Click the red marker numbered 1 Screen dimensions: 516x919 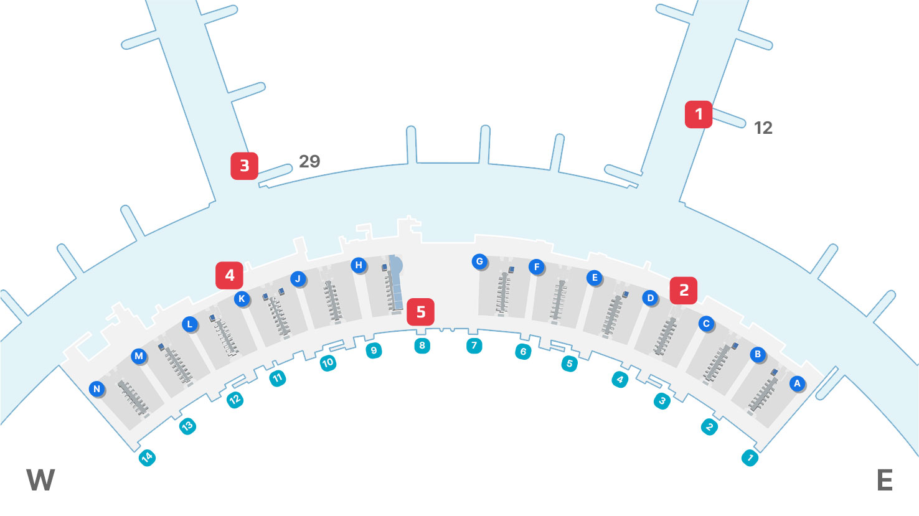coord(699,115)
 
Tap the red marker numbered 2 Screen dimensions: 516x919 coord(684,290)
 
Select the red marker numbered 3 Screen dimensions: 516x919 coord(244,166)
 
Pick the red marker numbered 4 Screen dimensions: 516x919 coord(229,275)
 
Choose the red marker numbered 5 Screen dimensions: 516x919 coord(420,312)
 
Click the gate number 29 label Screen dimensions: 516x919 coord(309,162)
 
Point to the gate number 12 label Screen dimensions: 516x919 coord(763,128)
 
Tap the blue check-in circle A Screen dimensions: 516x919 coord(797,383)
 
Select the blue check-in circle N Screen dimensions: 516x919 coord(97,389)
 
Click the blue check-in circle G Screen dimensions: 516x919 coord(479,261)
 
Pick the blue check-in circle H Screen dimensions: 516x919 coord(358,265)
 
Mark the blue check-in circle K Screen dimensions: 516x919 coord(242,299)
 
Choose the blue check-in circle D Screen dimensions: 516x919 coord(650,298)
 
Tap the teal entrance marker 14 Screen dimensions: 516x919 coord(146,458)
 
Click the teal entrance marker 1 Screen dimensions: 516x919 coord(750,459)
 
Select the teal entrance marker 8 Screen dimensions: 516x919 coord(422,345)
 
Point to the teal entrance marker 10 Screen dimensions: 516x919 coord(328,362)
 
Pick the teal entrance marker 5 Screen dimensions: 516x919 coord(569,364)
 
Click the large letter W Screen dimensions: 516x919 coord(40,481)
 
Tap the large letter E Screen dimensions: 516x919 coord(885,481)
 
